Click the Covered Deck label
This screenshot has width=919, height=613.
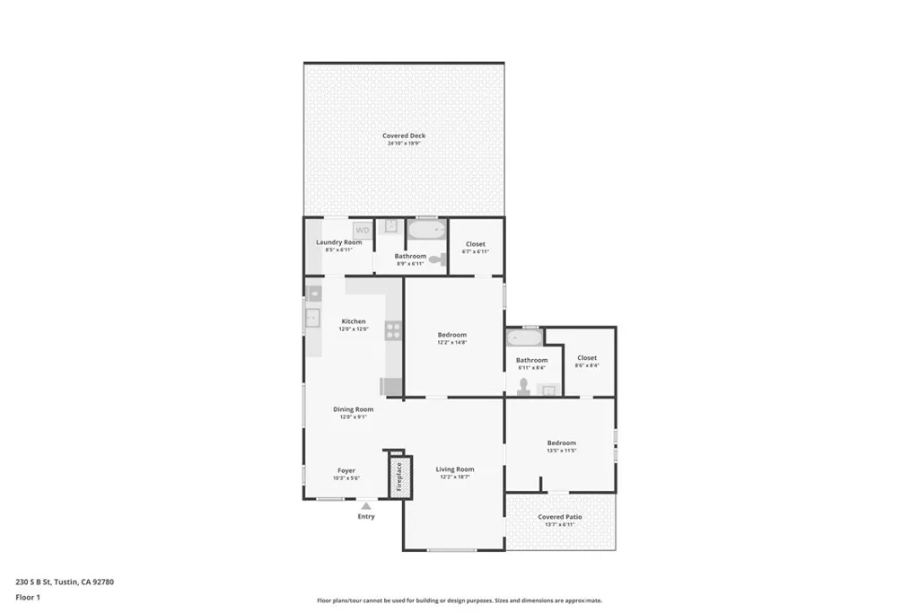coord(404,136)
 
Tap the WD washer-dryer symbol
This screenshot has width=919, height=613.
coord(362,231)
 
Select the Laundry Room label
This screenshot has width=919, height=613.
coord(339,242)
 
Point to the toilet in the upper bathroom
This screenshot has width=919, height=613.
coord(436,259)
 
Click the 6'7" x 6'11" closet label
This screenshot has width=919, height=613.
coord(475,244)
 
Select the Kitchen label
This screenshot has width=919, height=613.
coord(354,321)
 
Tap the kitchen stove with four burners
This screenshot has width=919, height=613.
coord(393,330)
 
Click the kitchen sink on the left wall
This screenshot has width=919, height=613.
coord(312,316)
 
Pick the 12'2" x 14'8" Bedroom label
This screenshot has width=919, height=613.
coord(451,335)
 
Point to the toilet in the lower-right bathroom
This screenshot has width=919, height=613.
coord(524,385)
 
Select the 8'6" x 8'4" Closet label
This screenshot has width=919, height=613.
coord(587,358)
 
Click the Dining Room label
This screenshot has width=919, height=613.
coord(353,409)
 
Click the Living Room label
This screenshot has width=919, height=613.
coord(455,469)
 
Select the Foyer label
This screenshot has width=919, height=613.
coord(346,470)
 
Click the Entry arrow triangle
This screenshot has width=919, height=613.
coord(366,506)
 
